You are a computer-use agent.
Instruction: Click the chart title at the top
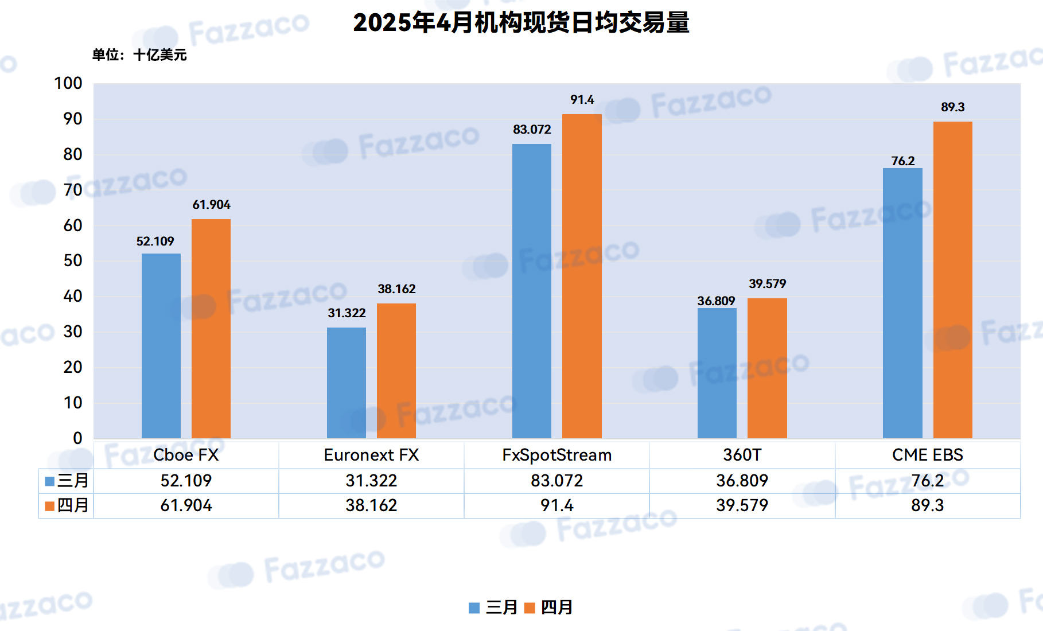[x=521, y=23]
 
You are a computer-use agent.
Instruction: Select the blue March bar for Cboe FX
[x=161, y=346]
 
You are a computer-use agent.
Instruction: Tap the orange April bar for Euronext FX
[x=396, y=371]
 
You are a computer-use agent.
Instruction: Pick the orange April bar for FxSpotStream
[x=582, y=276]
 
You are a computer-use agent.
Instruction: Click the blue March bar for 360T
[x=717, y=373]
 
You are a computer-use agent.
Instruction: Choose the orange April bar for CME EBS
[x=953, y=280]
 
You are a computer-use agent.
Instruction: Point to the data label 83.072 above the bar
[x=532, y=130]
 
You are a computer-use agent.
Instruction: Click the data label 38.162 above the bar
[x=396, y=289]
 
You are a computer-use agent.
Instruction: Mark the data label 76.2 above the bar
[x=903, y=161]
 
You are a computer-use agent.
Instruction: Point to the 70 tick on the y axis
[x=73, y=190]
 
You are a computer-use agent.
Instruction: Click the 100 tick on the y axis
[x=68, y=83]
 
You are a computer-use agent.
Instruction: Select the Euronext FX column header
[x=371, y=455]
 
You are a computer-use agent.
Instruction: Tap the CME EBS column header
[x=928, y=455]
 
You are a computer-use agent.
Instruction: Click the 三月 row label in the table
[x=73, y=480]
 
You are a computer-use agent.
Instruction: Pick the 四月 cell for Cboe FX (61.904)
[x=186, y=505]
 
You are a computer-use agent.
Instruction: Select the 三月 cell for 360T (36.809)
[x=742, y=480]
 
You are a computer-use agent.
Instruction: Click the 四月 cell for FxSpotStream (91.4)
[x=556, y=505]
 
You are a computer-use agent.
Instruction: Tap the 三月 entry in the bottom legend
[x=493, y=607]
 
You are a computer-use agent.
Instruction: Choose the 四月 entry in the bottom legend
[x=548, y=607]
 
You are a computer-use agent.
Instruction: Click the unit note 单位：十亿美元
[x=139, y=55]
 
